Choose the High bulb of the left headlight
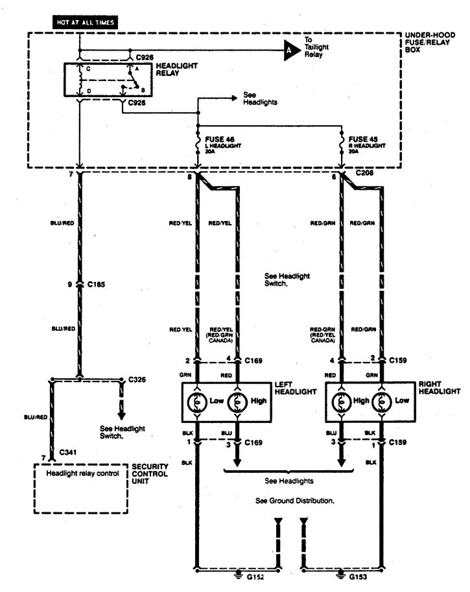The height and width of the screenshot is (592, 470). coord(237,400)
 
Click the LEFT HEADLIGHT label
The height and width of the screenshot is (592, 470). coord(296,387)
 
